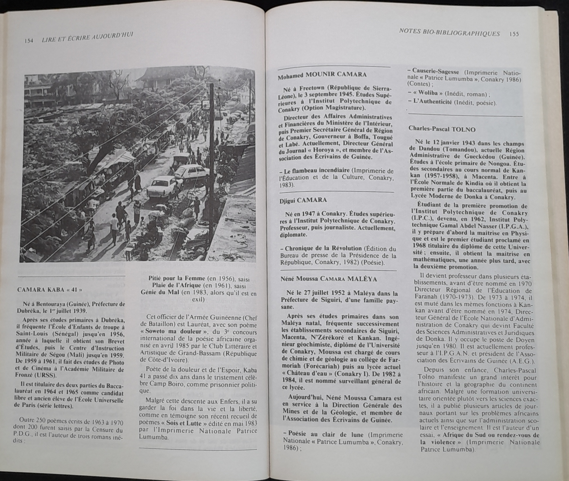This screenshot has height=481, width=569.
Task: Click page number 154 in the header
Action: (29, 40)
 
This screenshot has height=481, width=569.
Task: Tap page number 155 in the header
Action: (514, 34)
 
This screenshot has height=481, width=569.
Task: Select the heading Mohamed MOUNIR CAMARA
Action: (322, 75)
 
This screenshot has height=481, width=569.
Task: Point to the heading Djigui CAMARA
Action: (303, 200)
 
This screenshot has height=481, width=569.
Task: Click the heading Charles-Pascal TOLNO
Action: (442, 129)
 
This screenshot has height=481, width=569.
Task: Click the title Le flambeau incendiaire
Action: (316, 172)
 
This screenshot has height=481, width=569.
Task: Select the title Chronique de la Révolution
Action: (323, 249)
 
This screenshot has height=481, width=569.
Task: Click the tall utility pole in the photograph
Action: (211, 164)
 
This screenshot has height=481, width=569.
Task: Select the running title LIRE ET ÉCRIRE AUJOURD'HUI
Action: (87, 38)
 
